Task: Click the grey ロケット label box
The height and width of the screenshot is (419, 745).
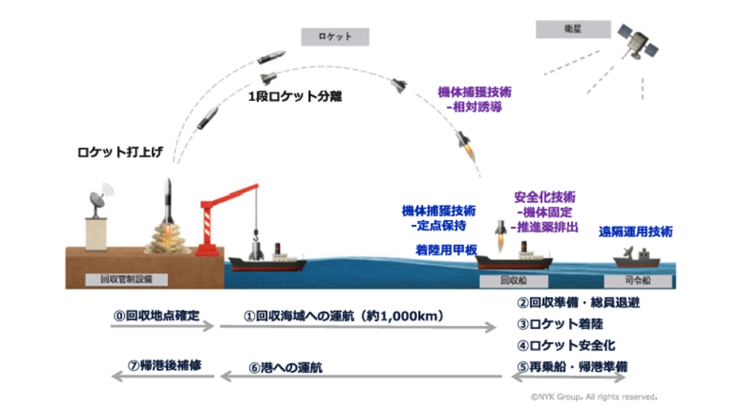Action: [x=335, y=37]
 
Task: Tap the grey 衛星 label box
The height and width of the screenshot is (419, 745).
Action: [x=564, y=29]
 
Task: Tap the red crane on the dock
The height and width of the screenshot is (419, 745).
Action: [x=217, y=217]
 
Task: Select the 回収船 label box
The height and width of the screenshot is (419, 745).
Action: [x=513, y=280]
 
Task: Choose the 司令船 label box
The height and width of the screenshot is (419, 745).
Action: [x=643, y=280]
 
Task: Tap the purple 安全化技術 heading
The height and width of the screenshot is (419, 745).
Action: [x=546, y=197]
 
